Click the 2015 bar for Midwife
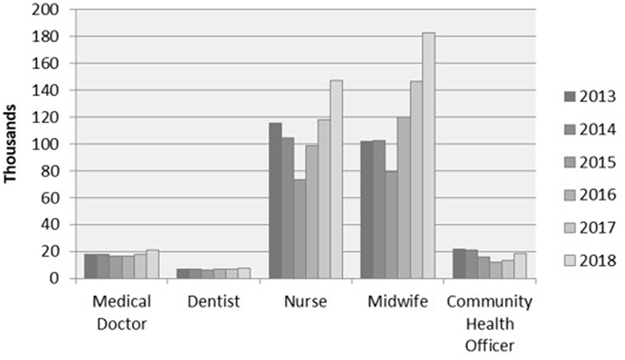(392, 225)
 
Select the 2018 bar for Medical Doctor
(153, 264)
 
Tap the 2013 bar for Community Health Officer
(459, 264)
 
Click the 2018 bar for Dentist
(244, 273)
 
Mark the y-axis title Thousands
(11, 144)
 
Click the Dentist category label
(213, 302)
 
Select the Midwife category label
(398, 302)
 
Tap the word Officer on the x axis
(490, 346)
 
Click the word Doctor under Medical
(122, 323)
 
